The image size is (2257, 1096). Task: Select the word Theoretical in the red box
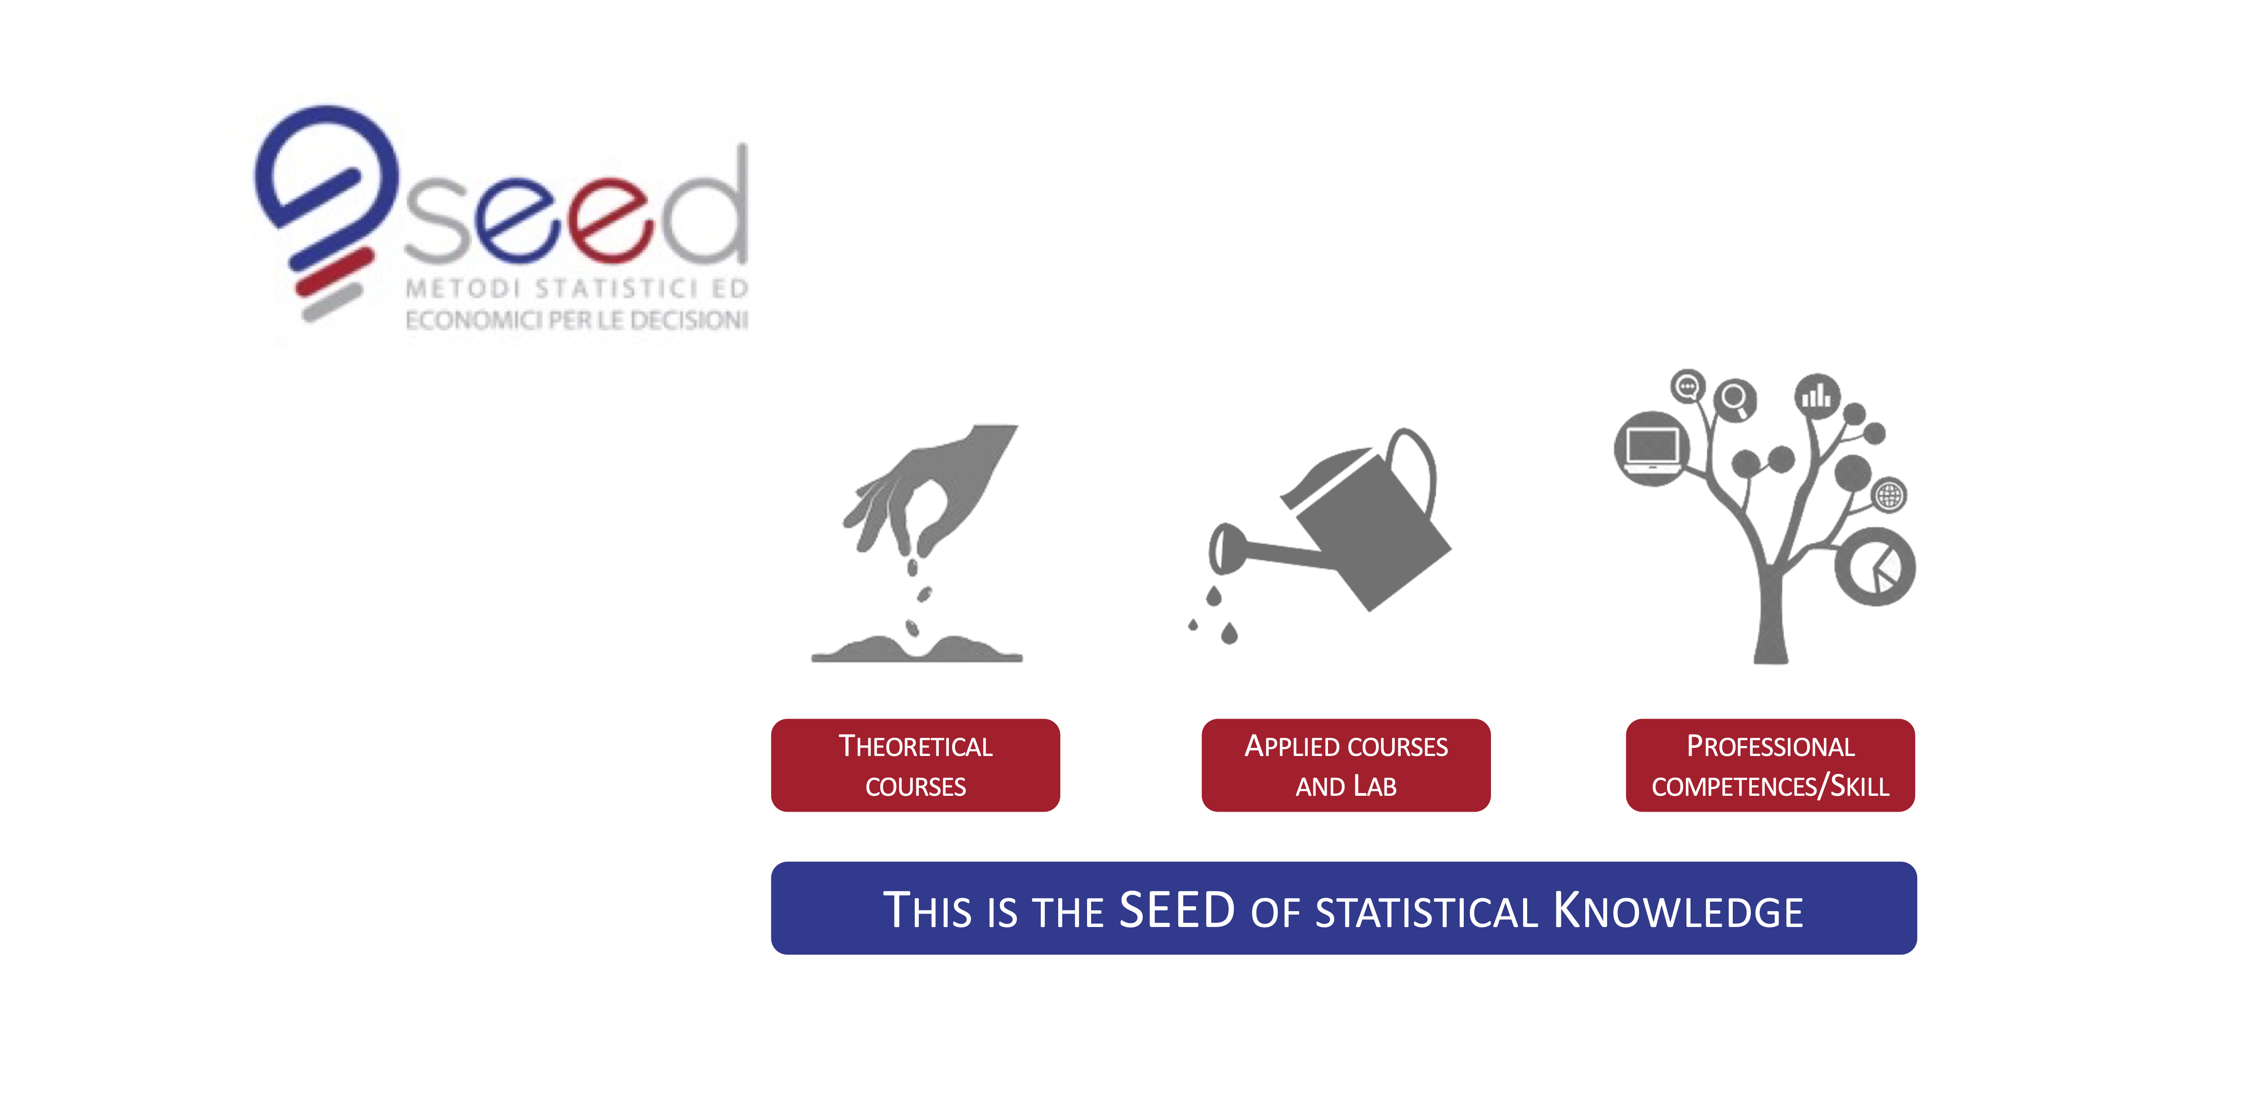click(x=916, y=746)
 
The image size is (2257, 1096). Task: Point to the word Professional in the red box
click(x=1771, y=746)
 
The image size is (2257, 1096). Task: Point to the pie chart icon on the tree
click(x=1875, y=567)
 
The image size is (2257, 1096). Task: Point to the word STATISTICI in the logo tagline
click(x=618, y=288)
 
